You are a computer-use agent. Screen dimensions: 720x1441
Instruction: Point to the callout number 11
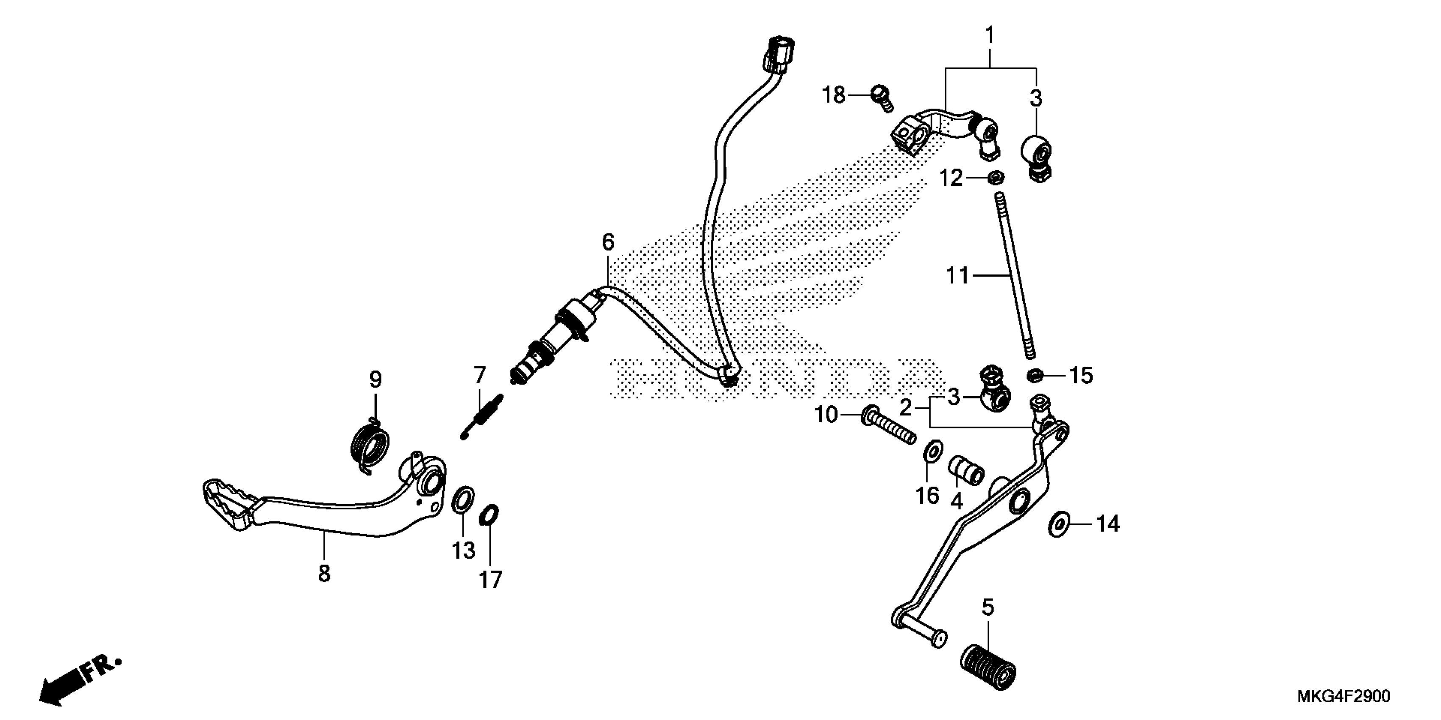pos(957,276)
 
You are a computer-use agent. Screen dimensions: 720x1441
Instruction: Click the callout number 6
pos(608,242)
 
